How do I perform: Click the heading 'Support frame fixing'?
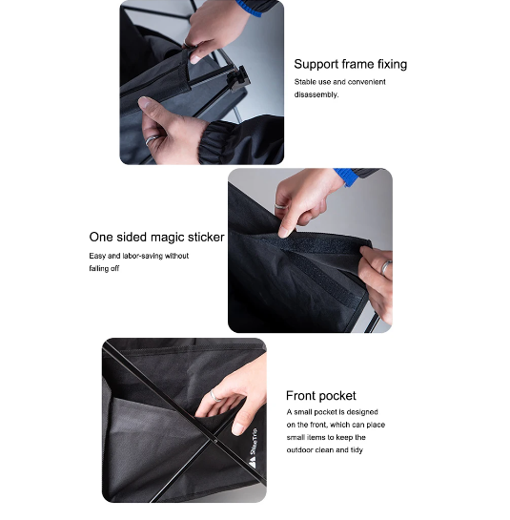coord(350,64)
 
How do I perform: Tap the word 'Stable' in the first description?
coord(307,82)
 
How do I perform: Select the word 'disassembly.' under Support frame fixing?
coord(316,94)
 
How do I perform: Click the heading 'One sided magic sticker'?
coord(156,237)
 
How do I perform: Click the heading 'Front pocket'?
coord(320,395)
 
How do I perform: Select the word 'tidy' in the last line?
coord(356,449)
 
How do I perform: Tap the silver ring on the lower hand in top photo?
coord(151,139)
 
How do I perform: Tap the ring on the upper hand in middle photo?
coord(280,206)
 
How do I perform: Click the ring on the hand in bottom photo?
coord(216,395)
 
